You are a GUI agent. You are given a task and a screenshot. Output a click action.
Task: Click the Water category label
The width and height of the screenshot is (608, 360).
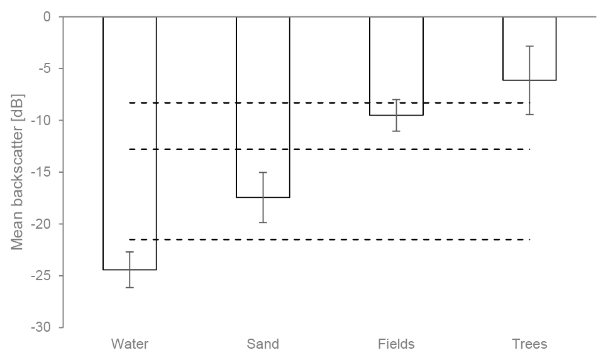coord(130,344)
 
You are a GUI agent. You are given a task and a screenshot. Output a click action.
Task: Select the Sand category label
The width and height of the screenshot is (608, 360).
coord(263,344)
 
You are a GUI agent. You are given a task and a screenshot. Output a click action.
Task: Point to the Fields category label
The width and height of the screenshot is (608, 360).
coord(396,344)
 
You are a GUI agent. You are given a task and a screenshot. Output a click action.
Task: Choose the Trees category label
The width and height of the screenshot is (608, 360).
coord(529,344)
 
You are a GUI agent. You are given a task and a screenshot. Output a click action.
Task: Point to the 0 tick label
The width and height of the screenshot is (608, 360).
coord(47,16)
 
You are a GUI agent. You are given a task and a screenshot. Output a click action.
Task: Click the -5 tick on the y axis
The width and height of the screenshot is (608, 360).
coord(43,68)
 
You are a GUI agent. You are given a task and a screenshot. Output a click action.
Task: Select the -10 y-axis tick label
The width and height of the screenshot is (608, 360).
coord(41,120)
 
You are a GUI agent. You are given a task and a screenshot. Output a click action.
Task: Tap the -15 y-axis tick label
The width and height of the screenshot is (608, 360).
coord(41,172)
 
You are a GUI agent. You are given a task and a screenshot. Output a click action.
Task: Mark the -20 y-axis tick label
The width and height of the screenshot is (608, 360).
coord(41,224)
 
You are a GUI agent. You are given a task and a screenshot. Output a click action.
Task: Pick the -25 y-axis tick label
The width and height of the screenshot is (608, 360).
coord(41,276)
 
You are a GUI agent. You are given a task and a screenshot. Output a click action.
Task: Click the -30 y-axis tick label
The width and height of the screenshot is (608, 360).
coord(41,327)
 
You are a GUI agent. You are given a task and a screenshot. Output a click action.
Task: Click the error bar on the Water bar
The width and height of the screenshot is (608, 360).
coord(130,270)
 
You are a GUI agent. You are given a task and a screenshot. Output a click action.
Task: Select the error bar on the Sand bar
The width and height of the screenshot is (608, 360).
coord(263,197)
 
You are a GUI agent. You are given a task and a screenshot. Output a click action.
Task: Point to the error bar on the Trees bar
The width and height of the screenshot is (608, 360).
coord(529,80)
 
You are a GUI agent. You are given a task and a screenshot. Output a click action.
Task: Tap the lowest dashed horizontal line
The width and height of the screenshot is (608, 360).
coord(329,239)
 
